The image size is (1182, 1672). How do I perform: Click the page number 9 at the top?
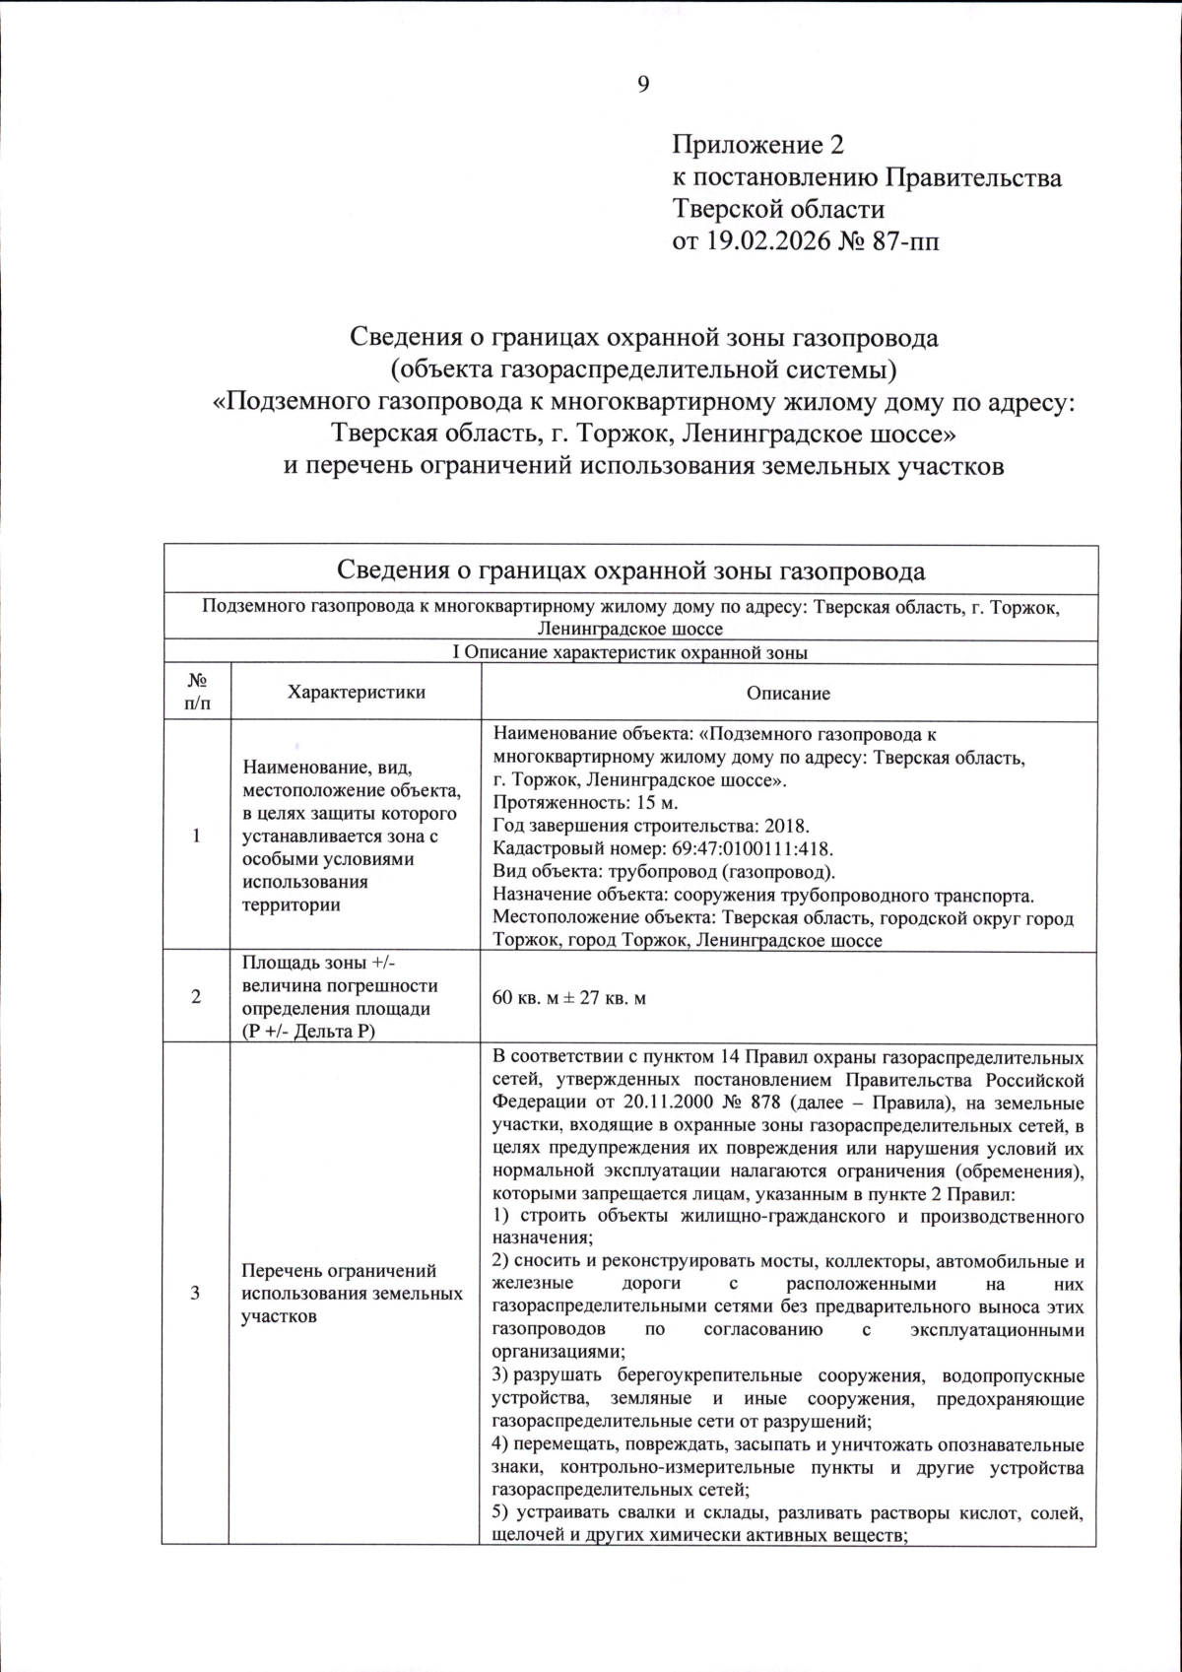[x=642, y=85]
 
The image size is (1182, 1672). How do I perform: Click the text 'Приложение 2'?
[x=757, y=146]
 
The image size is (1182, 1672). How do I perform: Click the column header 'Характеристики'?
[x=357, y=692]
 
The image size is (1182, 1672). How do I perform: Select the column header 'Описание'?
[x=788, y=693]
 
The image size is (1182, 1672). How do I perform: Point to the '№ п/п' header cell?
[x=196, y=692]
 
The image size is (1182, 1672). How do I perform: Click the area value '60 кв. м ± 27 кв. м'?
[x=568, y=998]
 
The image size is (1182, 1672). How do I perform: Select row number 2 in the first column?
[x=196, y=997]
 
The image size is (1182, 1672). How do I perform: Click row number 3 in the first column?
[x=196, y=1293]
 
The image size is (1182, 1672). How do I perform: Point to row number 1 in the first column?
[x=196, y=836]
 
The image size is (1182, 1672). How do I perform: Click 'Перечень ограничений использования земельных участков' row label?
[x=352, y=1293]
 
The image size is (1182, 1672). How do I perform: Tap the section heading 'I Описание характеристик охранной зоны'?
[x=629, y=652]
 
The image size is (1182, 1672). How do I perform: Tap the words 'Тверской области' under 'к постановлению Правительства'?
[x=777, y=209]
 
